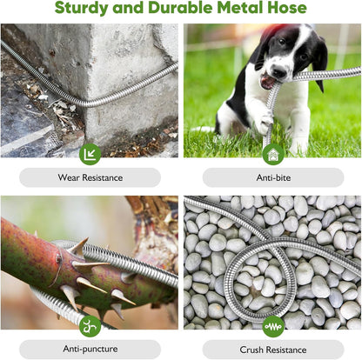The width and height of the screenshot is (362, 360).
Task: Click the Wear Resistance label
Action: tap(90, 177)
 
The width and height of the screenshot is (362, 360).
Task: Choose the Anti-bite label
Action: tap(272, 177)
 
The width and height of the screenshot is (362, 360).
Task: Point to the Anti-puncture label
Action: tap(90, 350)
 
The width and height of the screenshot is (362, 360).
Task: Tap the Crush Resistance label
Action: tap(272, 350)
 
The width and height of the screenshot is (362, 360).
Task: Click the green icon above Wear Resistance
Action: tap(90, 154)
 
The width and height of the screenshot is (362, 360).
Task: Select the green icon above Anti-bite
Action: tap(273, 154)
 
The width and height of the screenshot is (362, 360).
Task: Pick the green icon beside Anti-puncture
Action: tap(90, 327)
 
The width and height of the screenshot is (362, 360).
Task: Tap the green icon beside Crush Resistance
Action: tap(273, 327)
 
